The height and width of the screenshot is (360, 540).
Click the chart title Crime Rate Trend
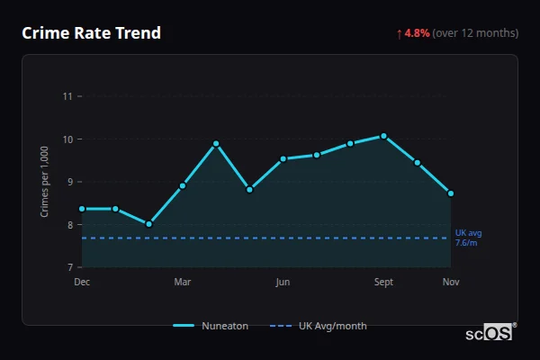[x=91, y=33]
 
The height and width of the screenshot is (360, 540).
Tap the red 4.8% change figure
[x=418, y=33]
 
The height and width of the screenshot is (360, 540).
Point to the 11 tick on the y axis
[x=67, y=96]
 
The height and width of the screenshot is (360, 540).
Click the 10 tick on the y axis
[x=67, y=139]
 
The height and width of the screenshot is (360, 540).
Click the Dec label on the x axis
[x=82, y=283]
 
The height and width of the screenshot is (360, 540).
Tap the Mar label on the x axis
[x=183, y=283]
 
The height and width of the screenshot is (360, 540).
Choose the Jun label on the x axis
[x=283, y=283]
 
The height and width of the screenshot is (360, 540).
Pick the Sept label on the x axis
[x=383, y=283]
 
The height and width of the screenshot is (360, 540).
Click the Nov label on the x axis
[x=451, y=283]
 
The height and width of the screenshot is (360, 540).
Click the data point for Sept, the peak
[x=383, y=136]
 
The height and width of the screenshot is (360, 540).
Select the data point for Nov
[x=451, y=193]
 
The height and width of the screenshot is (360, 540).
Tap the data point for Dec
[x=82, y=209]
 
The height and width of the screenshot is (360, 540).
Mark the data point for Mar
[x=183, y=186]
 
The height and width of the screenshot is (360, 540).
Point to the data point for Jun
[x=283, y=158]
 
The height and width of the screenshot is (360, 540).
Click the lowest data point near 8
[x=148, y=224]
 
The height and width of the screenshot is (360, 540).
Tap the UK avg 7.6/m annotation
[x=468, y=238]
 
